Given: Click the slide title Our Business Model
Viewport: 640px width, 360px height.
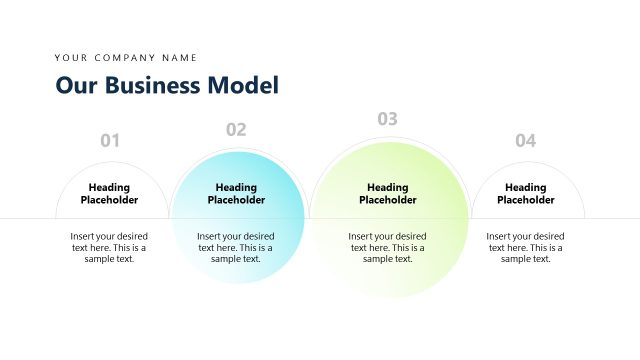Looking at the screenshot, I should [x=167, y=85].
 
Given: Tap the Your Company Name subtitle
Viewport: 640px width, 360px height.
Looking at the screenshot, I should [x=126, y=58].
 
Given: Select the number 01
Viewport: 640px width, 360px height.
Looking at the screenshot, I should [x=110, y=141].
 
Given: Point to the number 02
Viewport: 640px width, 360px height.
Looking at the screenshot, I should [x=236, y=129].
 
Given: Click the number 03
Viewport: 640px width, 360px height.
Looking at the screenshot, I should [x=387, y=119].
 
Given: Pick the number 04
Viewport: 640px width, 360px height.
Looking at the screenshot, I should [x=525, y=141].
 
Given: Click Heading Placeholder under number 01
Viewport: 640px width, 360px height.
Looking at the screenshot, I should [x=109, y=193].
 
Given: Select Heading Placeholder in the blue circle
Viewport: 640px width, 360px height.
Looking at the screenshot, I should [x=236, y=193].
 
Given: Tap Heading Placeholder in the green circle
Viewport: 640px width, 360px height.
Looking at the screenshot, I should [x=387, y=193].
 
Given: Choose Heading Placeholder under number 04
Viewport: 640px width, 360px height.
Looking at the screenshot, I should [x=525, y=193].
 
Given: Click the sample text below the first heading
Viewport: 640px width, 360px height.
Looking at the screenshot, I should [x=109, y=247].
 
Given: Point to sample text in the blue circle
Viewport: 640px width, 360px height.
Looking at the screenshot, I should [x=236, y=247].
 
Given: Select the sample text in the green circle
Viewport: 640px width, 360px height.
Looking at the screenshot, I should [x=387, y=247].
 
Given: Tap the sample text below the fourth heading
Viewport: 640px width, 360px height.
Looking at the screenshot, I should [x=525, y=247].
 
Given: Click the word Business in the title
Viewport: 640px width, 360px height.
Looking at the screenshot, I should [x=149, y=85].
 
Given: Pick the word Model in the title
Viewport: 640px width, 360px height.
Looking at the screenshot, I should [x=243, y=85].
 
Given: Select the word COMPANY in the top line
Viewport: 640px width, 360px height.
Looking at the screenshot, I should [x=126, y=58].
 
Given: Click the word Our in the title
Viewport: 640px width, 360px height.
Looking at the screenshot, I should [x=73, y=85].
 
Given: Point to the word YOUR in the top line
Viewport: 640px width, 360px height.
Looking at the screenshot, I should [x=71, y=58].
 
